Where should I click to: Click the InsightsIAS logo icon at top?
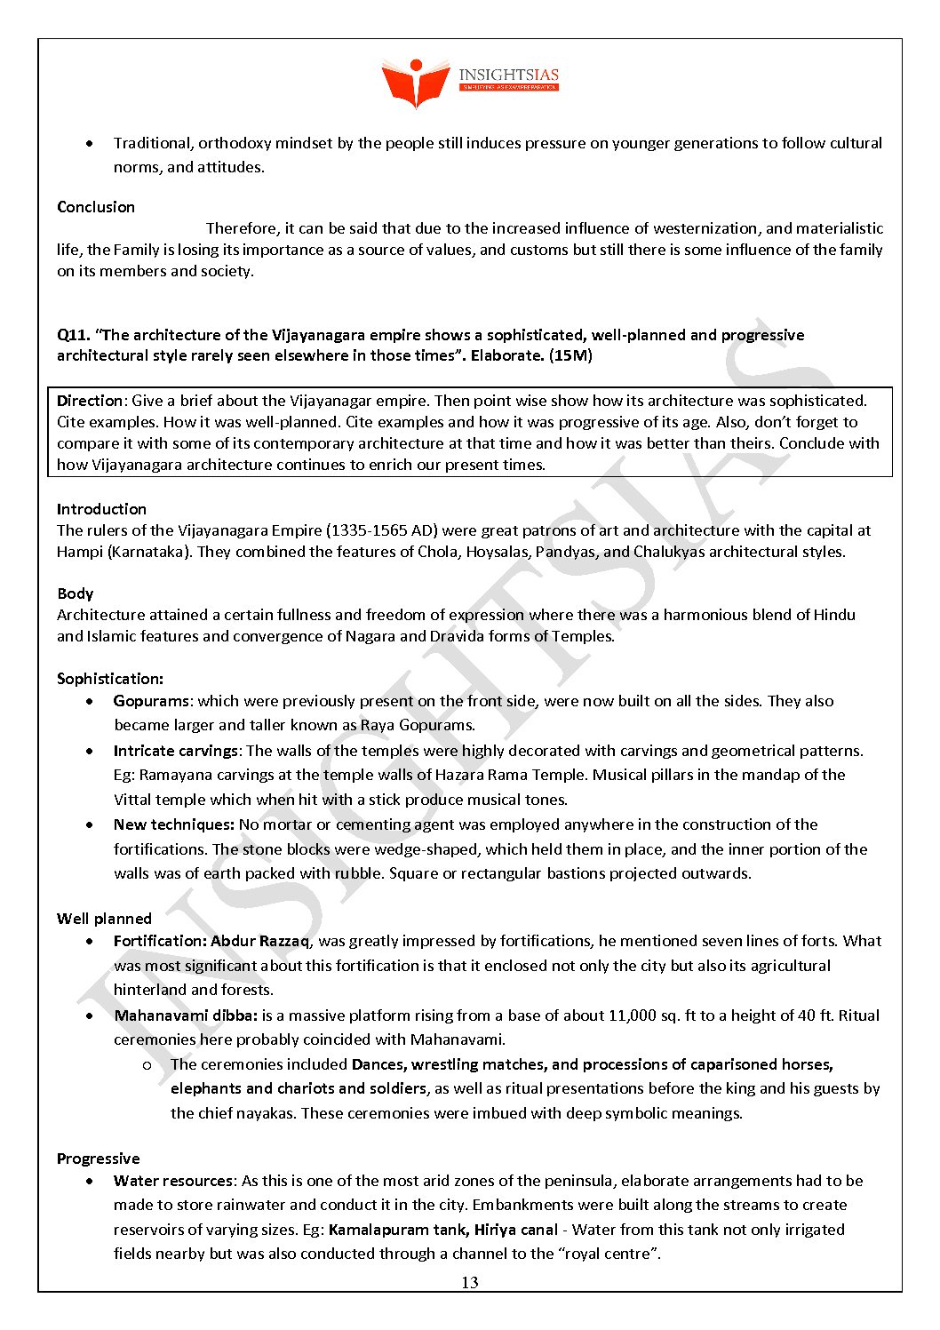pyautogui.click(x=415, y=83)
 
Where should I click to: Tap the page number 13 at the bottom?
pyautogui.click(x=469, y=1282)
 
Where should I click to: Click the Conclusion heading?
pyautogui.click(x=96, y=207)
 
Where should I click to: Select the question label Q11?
pyautogui.click(x=73, y=335)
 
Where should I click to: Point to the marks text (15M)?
pyautogui.click(x=570, y=355)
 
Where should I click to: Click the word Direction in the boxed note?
pyautogui.click(x=90, y=401)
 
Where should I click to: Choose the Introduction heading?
pyautogui.click(x=101, y=509)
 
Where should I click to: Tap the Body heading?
pyautogui.click(x=75, y=593)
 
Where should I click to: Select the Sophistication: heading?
pyautogui.click(x=110, y=679)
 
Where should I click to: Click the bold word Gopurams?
pyautogui.click(x=151, y=701)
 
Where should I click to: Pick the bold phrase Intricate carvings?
pyautogui.click(x=176, y=751)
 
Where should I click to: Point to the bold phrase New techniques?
pyautogui.click(x=174, y=824)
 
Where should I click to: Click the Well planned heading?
pyautogui.click(x=104, y=919)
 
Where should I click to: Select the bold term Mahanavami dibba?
pyautogui.click(x=186, y=1015)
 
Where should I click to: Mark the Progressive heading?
pyautogui.click(x=99, y=1159)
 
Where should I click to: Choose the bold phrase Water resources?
pyautogui.click(x=173, y=1181)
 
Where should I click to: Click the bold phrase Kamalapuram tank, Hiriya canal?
pyautogui.click(x=443, y=1230)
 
